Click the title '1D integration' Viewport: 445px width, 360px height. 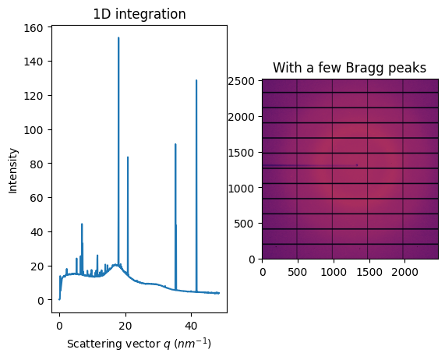pos(140,14)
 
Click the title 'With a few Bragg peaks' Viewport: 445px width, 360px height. pos(350,68)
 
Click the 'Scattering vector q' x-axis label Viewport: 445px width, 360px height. pos(140,344)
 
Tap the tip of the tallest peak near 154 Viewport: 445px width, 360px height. pos(118,37)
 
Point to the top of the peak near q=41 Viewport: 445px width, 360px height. pos(196,80)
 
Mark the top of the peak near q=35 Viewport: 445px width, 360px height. pos(175,144)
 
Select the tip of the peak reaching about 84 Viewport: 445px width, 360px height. pos(128,157)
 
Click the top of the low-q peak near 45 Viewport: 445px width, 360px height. pos(82,224)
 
